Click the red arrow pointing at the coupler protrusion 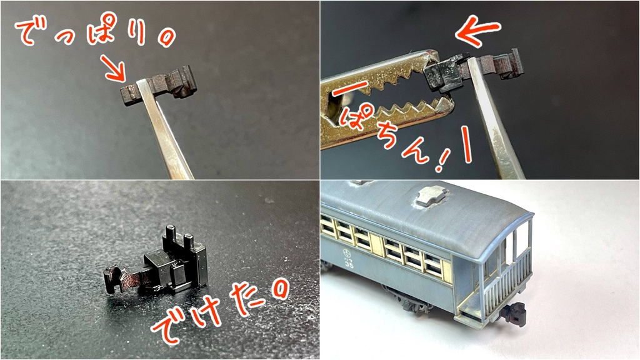tap(112, 67)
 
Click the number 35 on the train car tap(349, 265)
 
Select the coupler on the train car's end tap(513, 312)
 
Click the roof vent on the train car tap(431, 196)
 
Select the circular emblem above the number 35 tap(347, 253)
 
